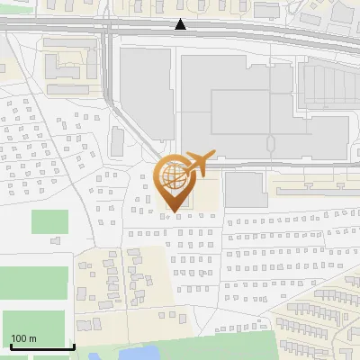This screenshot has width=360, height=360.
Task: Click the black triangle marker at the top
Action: pos(181,24)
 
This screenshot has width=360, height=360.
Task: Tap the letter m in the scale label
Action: pos(33,338)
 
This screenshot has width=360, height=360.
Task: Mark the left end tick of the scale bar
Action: pos(11,346)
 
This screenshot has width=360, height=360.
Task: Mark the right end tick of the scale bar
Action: pos(73,346)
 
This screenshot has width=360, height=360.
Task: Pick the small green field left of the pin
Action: pos(49,221)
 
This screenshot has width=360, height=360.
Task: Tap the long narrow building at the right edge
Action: pos(315,191)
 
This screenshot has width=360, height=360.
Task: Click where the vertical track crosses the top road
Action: pos(106,30)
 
